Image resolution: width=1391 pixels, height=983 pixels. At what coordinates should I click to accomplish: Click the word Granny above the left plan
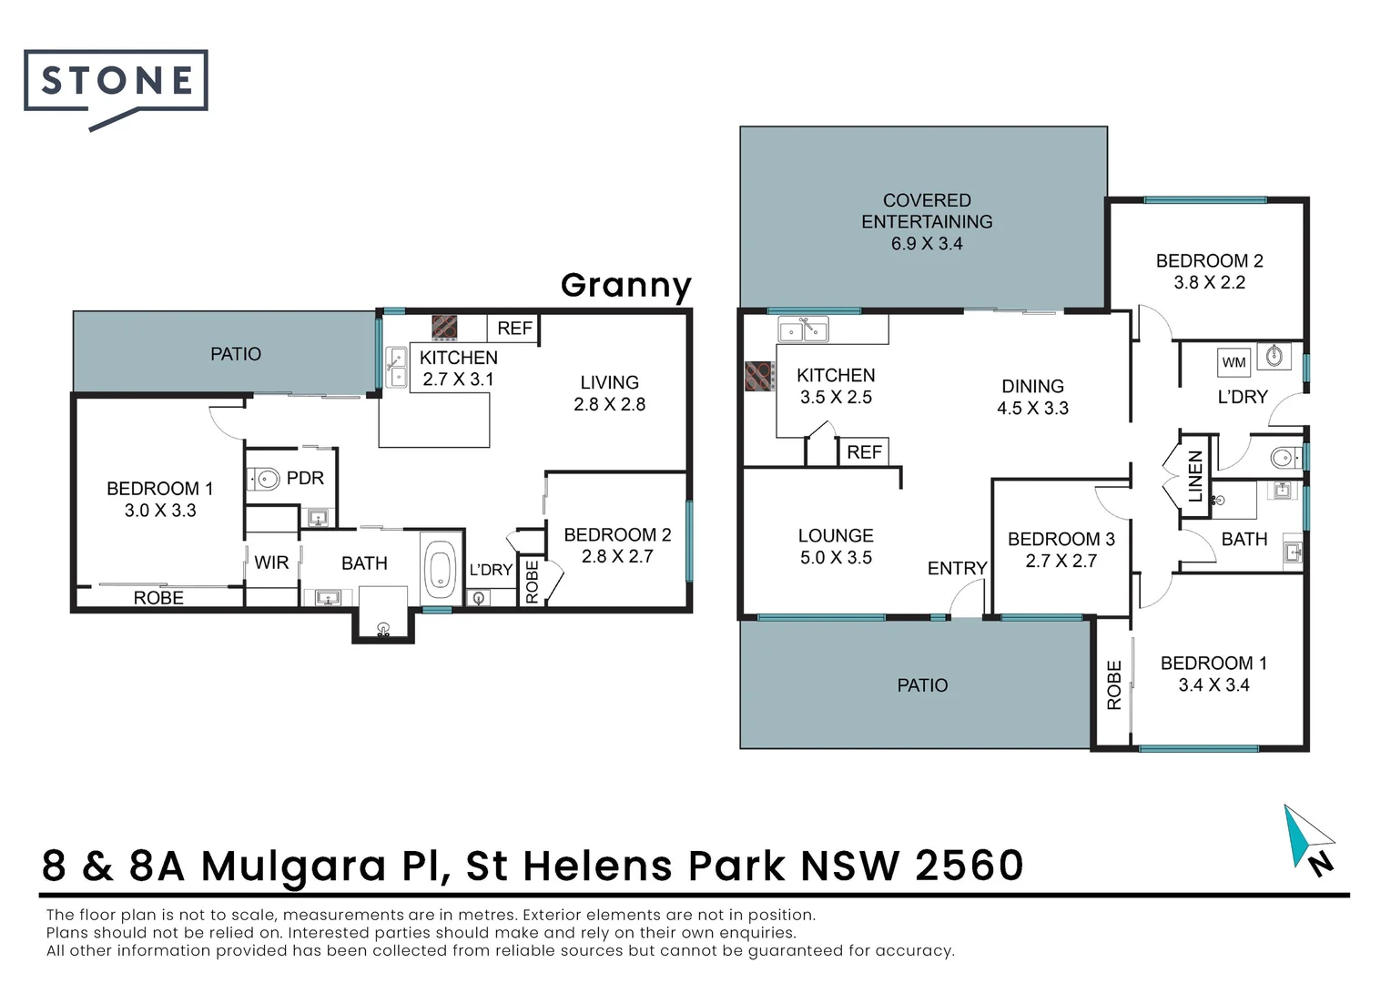pos(626,287)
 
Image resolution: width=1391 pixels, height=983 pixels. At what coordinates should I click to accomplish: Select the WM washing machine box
pos(1234,362)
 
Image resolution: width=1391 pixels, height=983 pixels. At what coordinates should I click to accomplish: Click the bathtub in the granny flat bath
pos(441,565)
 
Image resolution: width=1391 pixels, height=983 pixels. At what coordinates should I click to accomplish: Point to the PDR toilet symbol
pos(264,479)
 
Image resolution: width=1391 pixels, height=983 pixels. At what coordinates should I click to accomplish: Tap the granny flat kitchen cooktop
pos(444,328)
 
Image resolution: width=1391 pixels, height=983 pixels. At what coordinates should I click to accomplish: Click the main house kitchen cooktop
pos(759,376)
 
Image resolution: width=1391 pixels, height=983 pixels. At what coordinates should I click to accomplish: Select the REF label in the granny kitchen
pos(514,328)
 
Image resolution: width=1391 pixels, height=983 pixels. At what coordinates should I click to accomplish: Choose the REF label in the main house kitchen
pos(864,452)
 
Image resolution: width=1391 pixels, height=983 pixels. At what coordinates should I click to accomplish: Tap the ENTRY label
pos(957,568)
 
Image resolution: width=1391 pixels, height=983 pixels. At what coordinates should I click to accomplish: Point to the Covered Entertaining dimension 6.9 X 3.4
pos(927,243)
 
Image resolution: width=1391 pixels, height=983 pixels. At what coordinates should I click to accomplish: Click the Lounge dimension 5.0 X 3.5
pos(836,558)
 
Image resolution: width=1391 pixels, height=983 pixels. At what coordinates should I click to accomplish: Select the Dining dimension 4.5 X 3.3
pos(1032,408)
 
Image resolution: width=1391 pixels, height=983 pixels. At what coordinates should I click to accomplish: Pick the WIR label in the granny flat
pos(271,562)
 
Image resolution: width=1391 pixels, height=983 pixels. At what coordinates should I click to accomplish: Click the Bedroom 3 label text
pos(1061,539)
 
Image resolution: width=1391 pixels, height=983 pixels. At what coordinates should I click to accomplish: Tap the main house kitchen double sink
pos(803,329)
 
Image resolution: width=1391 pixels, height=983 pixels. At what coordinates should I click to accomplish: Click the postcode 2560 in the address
pos(969,866)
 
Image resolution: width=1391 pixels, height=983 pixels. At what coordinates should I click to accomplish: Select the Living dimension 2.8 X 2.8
pos(609,404)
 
